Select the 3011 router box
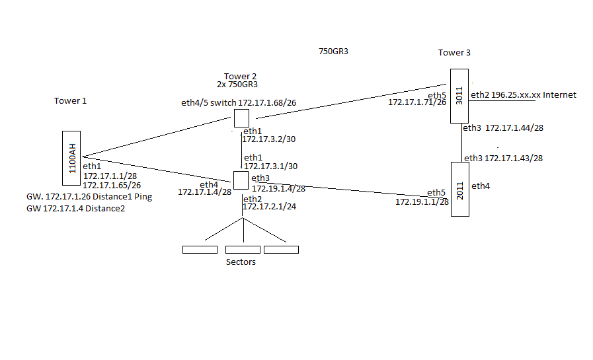tap(459, 96)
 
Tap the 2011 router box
tap(459, 189)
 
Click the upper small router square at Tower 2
tap(241, 119)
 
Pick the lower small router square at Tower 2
tap(241, 180)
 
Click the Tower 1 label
tap(70, 101)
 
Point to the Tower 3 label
tap(454, 53)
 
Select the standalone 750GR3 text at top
tap(333, 51)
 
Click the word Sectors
tap(241, 262)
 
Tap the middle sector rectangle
tap(243, 250)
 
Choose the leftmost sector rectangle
tap(199, 250)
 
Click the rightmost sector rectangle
tap(281, 250)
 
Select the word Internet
tap(559, 95)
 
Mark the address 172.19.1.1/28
tap(422, 202)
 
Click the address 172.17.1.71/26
tap(416, 102)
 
